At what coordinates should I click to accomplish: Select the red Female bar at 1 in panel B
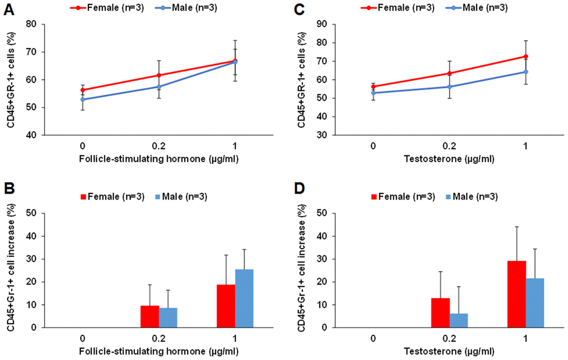click(x=226, y=306)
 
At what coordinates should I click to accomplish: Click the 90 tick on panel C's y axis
click(x=328, y=25)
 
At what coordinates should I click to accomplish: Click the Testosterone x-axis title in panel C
click(x=449, y=160)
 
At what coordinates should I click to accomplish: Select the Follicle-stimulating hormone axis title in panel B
click(x=159, y=353)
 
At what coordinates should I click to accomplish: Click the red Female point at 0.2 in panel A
click(x=159, y=75)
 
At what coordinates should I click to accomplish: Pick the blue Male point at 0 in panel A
click(x=82, y=99)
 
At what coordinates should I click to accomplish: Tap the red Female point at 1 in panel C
click(x=526, y=56)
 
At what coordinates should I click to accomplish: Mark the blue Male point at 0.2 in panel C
click(x=449, y=86)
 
